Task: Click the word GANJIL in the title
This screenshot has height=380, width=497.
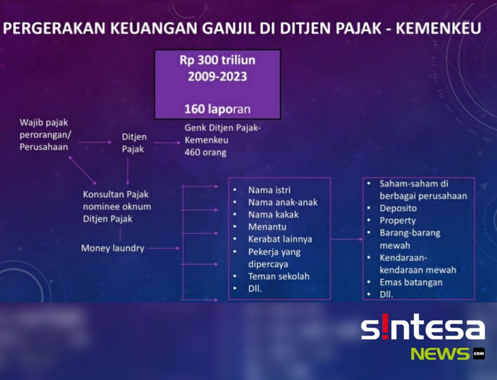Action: [x=228, y=28]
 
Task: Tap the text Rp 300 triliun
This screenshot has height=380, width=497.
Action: [x=217, y=60]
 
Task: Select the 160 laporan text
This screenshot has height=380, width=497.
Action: [x=217, y=109]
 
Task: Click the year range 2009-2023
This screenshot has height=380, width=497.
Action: [x=217, y=76]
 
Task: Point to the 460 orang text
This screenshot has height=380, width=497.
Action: [x=205, y=152]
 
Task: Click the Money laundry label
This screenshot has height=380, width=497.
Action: [x=113, y=248]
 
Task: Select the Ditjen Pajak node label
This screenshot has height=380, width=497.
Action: [x=134, y=143]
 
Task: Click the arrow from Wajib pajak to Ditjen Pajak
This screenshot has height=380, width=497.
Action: [x=95, y=142]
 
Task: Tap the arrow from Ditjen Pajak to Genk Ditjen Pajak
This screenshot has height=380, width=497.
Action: [x=167, y=143]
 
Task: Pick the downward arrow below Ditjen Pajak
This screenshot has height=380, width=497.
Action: [x=128, y=171]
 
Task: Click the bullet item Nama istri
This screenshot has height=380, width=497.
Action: [x=269, y=190]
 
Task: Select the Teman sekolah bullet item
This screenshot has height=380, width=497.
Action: [x=279, y=276]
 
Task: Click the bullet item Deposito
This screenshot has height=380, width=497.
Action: [x=398, y=208]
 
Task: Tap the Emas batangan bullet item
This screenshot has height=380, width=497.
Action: [x=411, y=282]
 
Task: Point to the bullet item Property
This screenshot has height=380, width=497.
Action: [x=398, y=221]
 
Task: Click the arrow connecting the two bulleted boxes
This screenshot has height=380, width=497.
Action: [x=347, y=239]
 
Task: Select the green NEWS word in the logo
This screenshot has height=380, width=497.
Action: [x=440, y=354]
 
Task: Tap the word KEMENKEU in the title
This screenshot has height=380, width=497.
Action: [x=438, y=28]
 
